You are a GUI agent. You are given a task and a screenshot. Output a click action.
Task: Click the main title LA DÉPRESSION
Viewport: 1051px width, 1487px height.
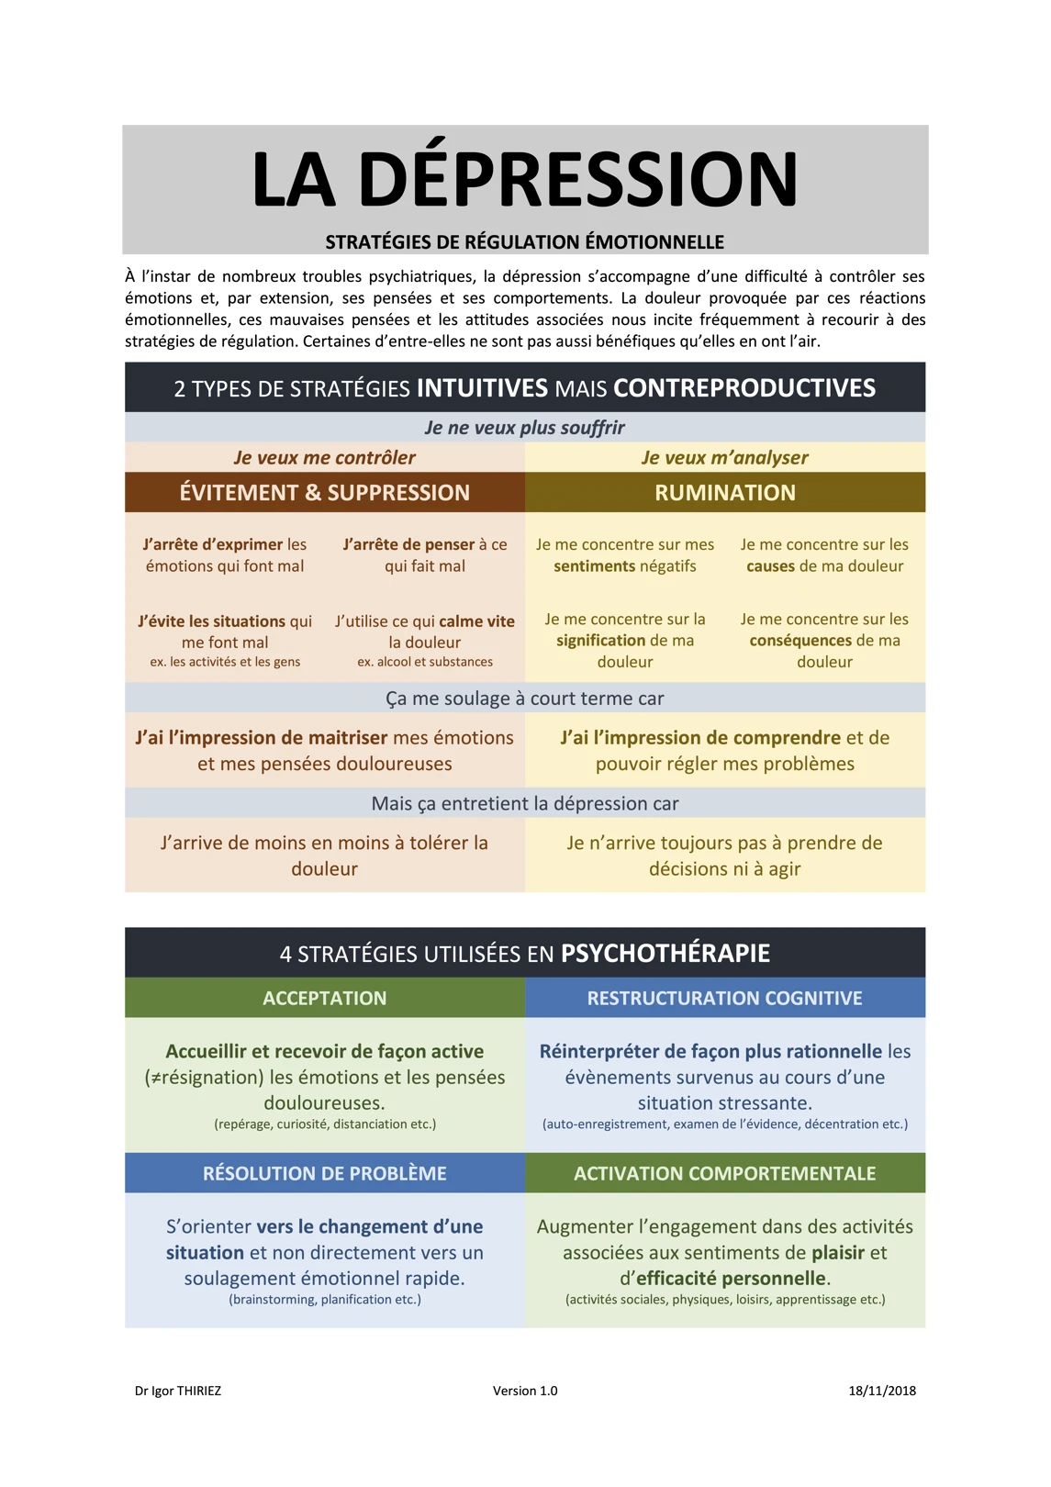click(x=525, y=179)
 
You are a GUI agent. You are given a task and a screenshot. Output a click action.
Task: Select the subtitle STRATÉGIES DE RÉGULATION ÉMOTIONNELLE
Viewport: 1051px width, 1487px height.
click(x=525, y=242)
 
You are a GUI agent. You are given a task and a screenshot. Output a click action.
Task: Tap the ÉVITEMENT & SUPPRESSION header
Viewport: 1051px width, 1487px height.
click(x=325, y=493)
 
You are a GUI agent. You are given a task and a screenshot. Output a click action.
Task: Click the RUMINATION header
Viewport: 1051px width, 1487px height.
click(x=725, y=493)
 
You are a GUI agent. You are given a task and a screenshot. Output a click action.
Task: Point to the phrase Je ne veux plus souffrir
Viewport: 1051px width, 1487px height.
click(x=525, y=428)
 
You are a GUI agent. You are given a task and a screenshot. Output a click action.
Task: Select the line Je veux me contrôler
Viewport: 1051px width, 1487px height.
click(x=325, y=458)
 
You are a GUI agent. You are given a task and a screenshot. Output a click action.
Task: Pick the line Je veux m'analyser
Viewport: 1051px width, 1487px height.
click(x=725, y=458)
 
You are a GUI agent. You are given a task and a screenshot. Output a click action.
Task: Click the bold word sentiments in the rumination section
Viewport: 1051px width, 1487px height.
click(x=594, y=566)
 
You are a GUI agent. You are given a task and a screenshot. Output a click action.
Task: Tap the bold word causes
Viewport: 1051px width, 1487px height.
click(x=770, y=566)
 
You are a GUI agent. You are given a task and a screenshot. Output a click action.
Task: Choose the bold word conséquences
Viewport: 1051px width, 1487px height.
click(x=800, y=641)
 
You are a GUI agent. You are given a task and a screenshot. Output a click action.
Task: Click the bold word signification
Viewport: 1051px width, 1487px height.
click(x=600, y=641)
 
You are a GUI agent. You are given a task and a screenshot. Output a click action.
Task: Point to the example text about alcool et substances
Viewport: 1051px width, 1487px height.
click(x=425, y=662)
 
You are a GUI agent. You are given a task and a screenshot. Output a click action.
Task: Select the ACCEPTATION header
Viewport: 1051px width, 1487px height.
click(x=325, y=999)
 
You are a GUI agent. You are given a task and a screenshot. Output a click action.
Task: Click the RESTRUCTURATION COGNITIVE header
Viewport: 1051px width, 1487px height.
click(x=725, y=999)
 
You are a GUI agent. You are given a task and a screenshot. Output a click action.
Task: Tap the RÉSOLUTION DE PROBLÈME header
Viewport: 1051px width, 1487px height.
click(x=325, y=1174)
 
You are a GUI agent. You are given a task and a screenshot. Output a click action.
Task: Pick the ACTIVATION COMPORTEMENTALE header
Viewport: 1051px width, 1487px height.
click(x=725, y=1174)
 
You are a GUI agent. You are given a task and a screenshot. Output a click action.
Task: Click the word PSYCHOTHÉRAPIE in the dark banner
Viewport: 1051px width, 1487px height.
click(x=665, y=954)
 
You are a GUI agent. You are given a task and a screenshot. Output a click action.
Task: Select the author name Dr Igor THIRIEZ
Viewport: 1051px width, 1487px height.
click(x=178, y=1391)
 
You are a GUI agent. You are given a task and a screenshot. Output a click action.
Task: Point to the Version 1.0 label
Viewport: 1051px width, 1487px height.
click(x=525, y=1391)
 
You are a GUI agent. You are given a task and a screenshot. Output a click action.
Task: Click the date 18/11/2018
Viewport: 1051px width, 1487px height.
click(x=882, y=1391)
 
